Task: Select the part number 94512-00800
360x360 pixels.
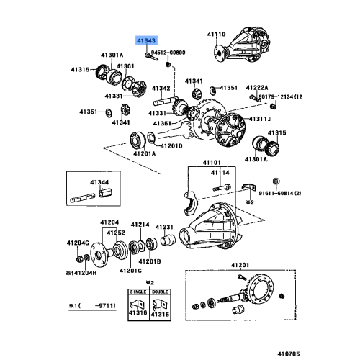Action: click(168, 52)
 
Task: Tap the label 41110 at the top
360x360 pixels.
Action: click(217, 33)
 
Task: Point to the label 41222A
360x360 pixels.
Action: click(264, 86)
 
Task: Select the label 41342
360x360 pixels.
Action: click(160, 89)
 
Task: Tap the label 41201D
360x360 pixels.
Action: click(171, 145)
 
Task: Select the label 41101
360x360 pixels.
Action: click(210, 162)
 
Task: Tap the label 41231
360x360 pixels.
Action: click(166, 225)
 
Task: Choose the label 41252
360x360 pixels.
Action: click(117, 233)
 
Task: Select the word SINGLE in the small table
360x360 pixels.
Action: click(138, 292)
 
